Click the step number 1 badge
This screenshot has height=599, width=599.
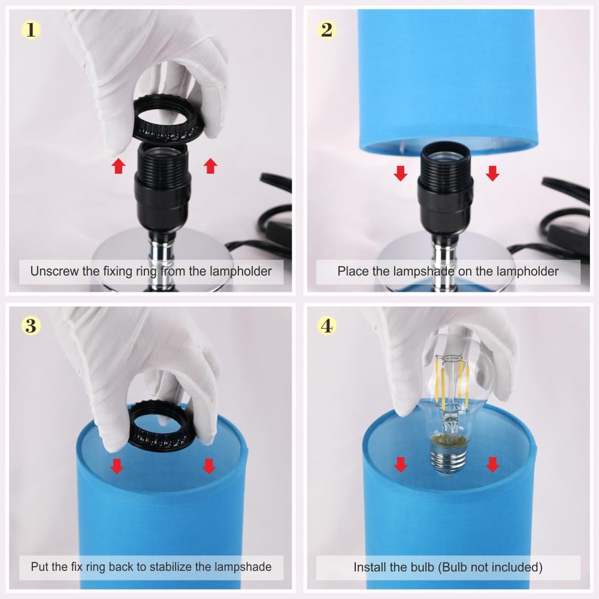tap(31, 29)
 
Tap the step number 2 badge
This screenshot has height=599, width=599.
tap(326, 29)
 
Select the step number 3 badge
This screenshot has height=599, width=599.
tap(31, 325)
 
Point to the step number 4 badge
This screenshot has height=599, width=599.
tap(326, 325)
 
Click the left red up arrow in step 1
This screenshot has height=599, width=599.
tap(119, 166)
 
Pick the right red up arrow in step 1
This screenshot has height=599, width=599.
tap(210, 166)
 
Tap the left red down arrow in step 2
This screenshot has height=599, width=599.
tap(400, 173)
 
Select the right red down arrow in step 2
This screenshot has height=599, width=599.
tap(492, 173)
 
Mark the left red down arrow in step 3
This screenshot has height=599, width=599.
tap(117, 466)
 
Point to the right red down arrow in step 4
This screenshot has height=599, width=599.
tap(492, 465)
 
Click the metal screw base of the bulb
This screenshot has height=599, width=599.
tap(449, 458)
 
